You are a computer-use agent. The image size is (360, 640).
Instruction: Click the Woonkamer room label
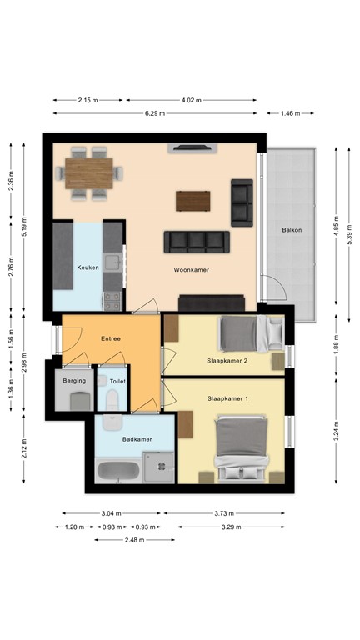(x=191, y=271)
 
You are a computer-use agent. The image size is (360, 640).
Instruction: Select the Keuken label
(x=88, y=267)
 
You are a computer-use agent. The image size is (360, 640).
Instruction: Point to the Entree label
(x=111, y=338)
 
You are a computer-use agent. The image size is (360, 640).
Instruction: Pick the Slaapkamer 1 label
(x=227, y=400)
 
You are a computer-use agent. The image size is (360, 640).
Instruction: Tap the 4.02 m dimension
(x=192, y=100)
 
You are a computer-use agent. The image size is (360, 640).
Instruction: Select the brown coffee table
(x=193, y=201)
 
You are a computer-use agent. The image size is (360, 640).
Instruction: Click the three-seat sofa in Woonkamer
(x=197, y=242)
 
